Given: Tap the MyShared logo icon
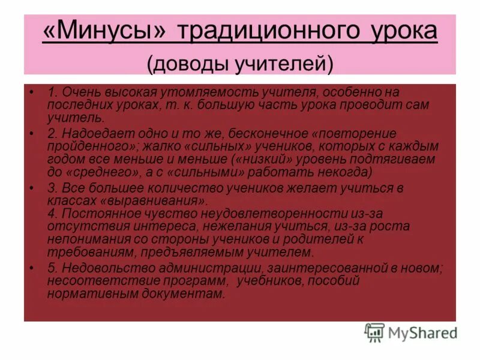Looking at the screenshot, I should click(x=374, y=332).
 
